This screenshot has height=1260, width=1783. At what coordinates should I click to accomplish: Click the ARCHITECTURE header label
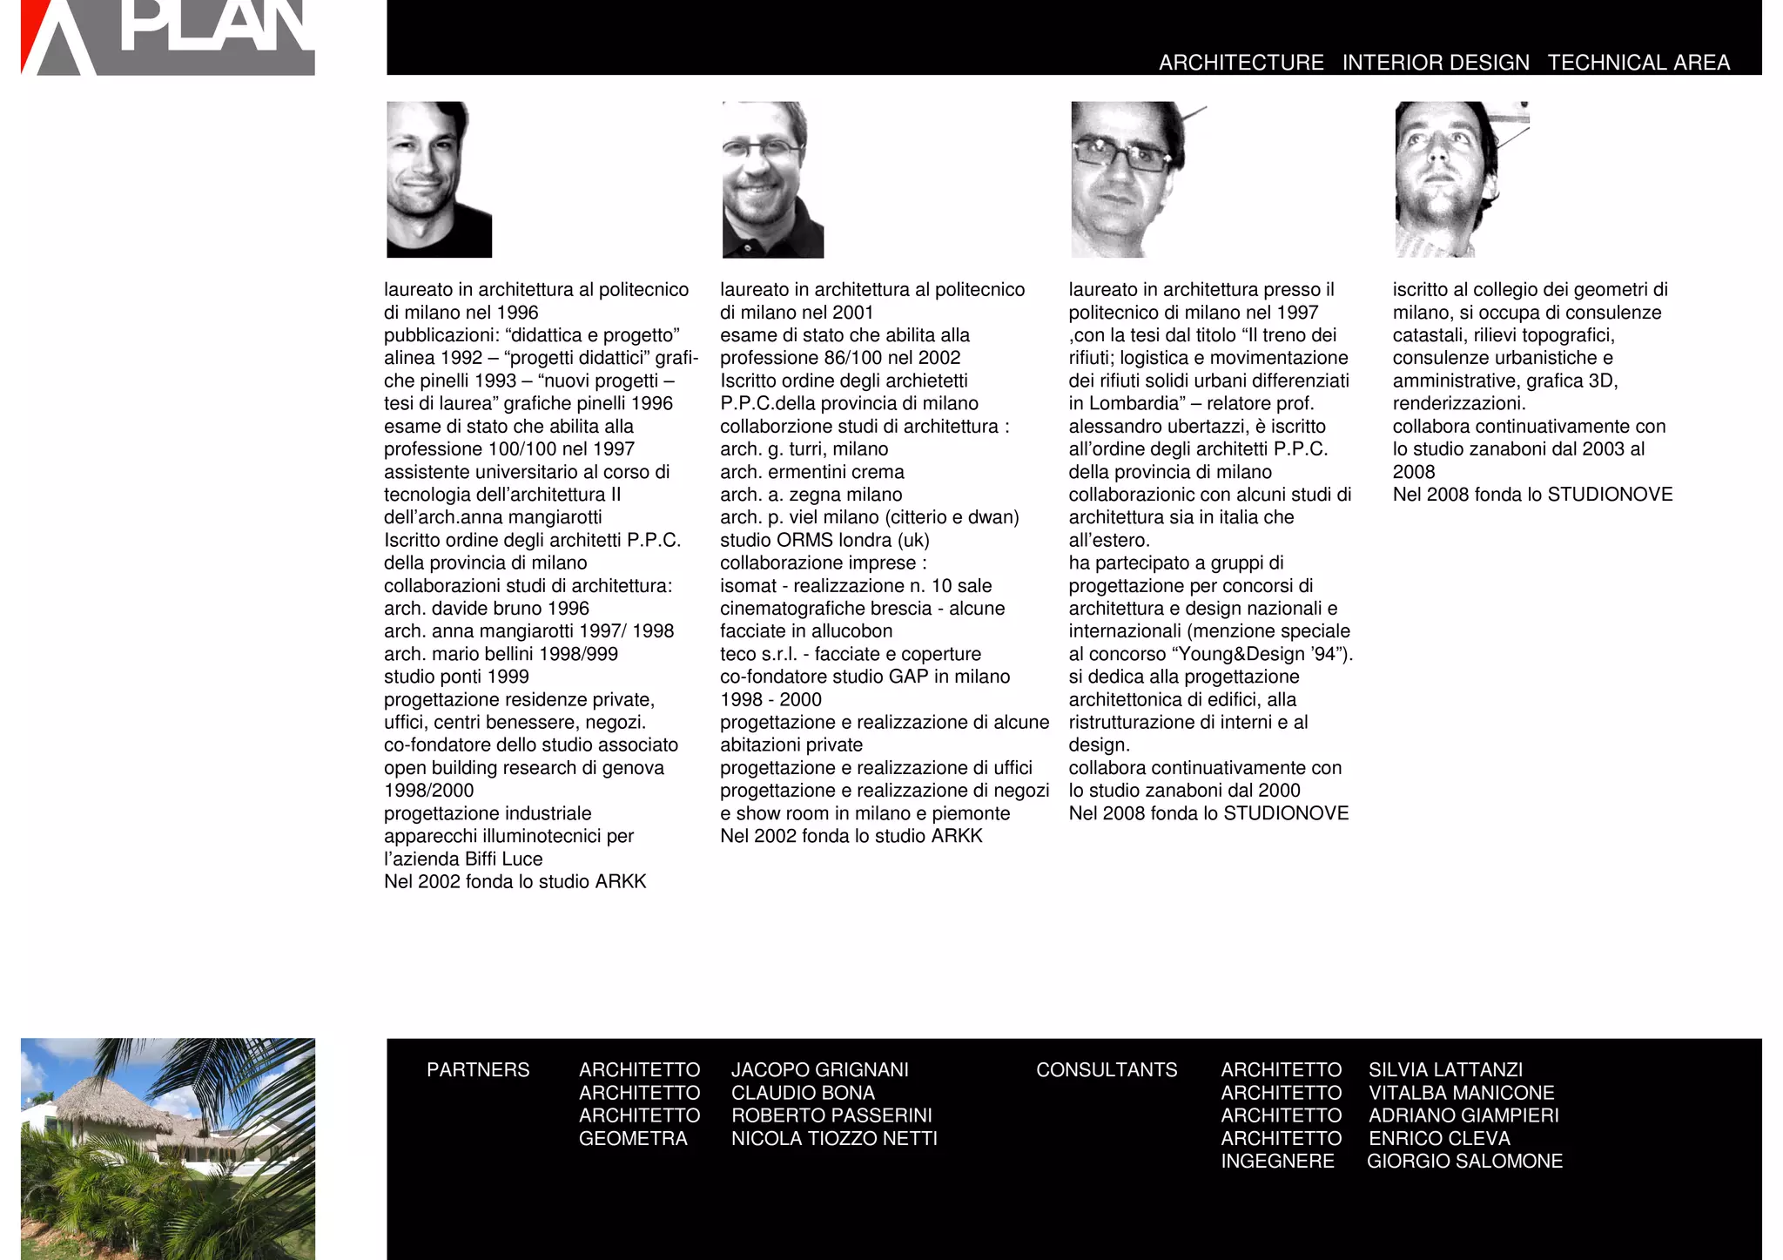(x=1241, y=63)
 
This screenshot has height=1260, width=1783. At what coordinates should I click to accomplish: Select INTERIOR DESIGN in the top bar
(x=1436, y=63)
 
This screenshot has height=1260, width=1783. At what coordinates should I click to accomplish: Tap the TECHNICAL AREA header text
(x=1638, y=63)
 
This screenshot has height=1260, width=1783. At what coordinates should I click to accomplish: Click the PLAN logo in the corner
(x=168, y=37)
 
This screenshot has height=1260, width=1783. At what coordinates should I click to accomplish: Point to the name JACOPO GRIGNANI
(x=819, y=1069)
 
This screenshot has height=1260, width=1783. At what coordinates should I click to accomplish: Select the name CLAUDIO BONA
(x=803, y=1092)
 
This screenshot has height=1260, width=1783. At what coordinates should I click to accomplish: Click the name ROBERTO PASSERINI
(x=831, y=1115)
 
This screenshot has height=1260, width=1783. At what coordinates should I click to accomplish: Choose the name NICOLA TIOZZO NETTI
(x=834, y=1138)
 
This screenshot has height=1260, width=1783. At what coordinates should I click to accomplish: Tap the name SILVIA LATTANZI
(x=1445, y=1069)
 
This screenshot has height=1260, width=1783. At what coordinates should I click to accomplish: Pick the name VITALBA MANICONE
(x=1461, y=1092)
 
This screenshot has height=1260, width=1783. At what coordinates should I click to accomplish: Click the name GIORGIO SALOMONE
(x=1464, y=1161)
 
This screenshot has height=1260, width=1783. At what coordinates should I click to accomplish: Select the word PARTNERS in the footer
(x=478, y=1069)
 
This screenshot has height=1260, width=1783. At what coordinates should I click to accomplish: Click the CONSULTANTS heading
(x=1107, y=1069)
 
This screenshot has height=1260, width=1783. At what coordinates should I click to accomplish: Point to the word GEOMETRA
(x=633, y=1138)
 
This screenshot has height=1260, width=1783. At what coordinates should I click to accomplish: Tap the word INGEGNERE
(x=1277, y=1161)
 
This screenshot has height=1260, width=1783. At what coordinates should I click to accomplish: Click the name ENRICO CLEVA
(x=1439, y=1138)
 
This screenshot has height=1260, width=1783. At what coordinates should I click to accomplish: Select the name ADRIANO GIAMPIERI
(x=1463, y=1115)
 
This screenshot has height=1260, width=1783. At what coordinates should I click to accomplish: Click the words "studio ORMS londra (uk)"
(x=824, y=540)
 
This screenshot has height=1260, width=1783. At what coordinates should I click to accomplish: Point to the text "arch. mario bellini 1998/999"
(x=501, y=654)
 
